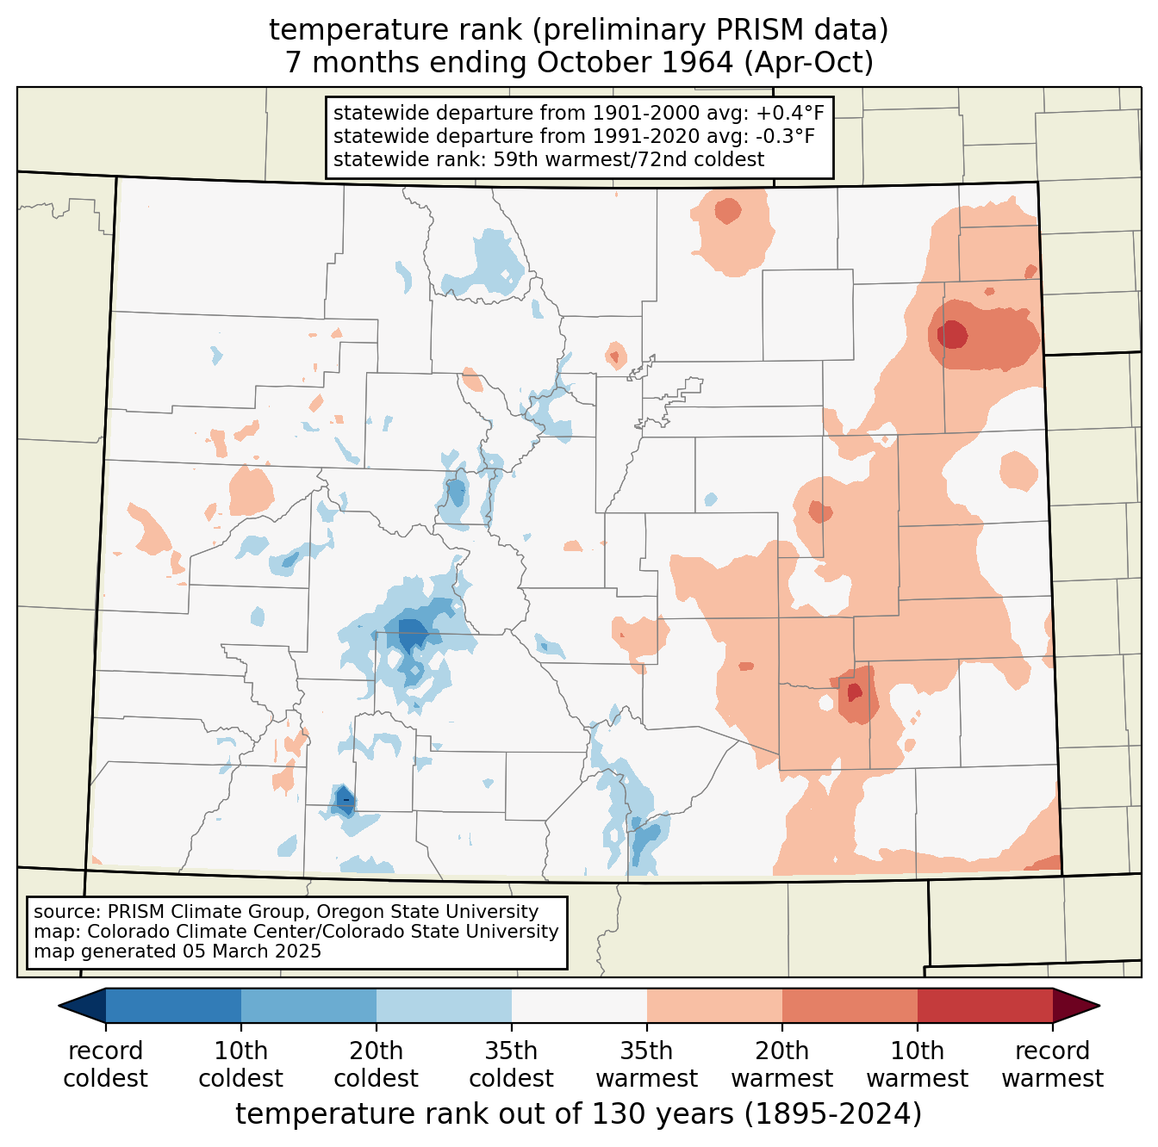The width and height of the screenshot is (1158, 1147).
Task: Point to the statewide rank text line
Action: (x=549, y=159)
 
